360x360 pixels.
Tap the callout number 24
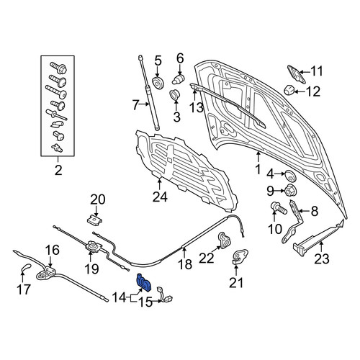click(160, 197)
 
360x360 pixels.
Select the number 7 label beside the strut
click(135, 105)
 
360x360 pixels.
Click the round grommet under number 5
click(158, 83)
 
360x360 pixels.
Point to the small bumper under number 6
click(179, 79)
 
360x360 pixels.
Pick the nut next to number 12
click(289, 91)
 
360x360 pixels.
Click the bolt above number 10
click(279, 208)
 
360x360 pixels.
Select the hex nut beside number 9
click(290, 190)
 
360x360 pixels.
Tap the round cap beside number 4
click(290, 176)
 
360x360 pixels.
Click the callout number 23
click(322, 258)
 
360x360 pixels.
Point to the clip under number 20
click(94, 220)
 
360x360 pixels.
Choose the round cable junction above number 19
click(92, 246)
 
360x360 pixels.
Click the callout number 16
click(53, 250)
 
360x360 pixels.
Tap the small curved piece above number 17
click(26, 266)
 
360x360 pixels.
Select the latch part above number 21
click(240, 256)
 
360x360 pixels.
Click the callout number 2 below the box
click(58, 170)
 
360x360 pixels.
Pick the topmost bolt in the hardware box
click(58, 68)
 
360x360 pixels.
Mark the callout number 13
click(197, 107)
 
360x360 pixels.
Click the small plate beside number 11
click(296, 74)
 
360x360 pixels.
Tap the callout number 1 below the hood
click(258, 169)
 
